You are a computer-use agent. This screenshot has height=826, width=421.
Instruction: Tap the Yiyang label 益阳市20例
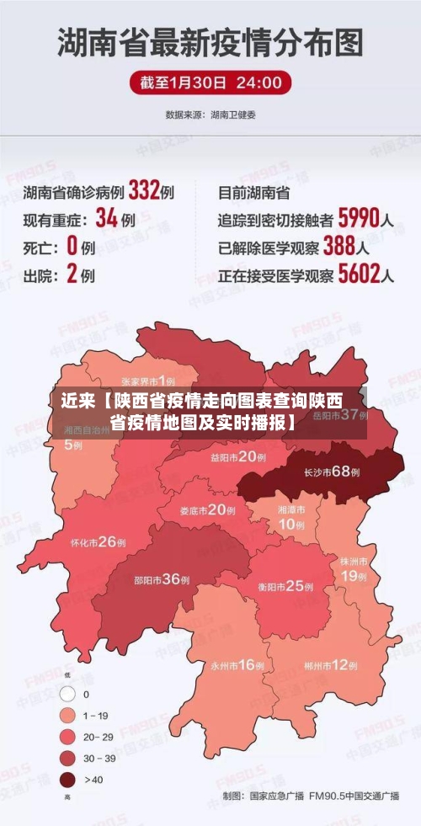[238, 456]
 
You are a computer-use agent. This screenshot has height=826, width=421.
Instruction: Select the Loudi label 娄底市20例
[208, 509]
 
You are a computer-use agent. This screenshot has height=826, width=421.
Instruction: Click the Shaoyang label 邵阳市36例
[162, 579]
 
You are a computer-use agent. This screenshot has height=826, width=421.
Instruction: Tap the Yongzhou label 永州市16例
[238, 664]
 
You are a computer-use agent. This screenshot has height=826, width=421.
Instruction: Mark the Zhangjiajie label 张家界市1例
[154, 381]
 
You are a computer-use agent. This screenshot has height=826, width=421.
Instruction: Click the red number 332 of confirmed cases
[143, 191]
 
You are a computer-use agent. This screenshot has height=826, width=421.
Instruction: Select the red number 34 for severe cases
[106, 219]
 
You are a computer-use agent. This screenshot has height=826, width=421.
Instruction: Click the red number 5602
[358, 274]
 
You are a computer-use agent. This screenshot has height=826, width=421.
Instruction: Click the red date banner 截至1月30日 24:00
[210, 83]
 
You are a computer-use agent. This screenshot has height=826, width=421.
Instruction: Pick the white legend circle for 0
[68, 695]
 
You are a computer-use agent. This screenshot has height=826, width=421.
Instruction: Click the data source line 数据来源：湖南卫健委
[210, 114]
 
